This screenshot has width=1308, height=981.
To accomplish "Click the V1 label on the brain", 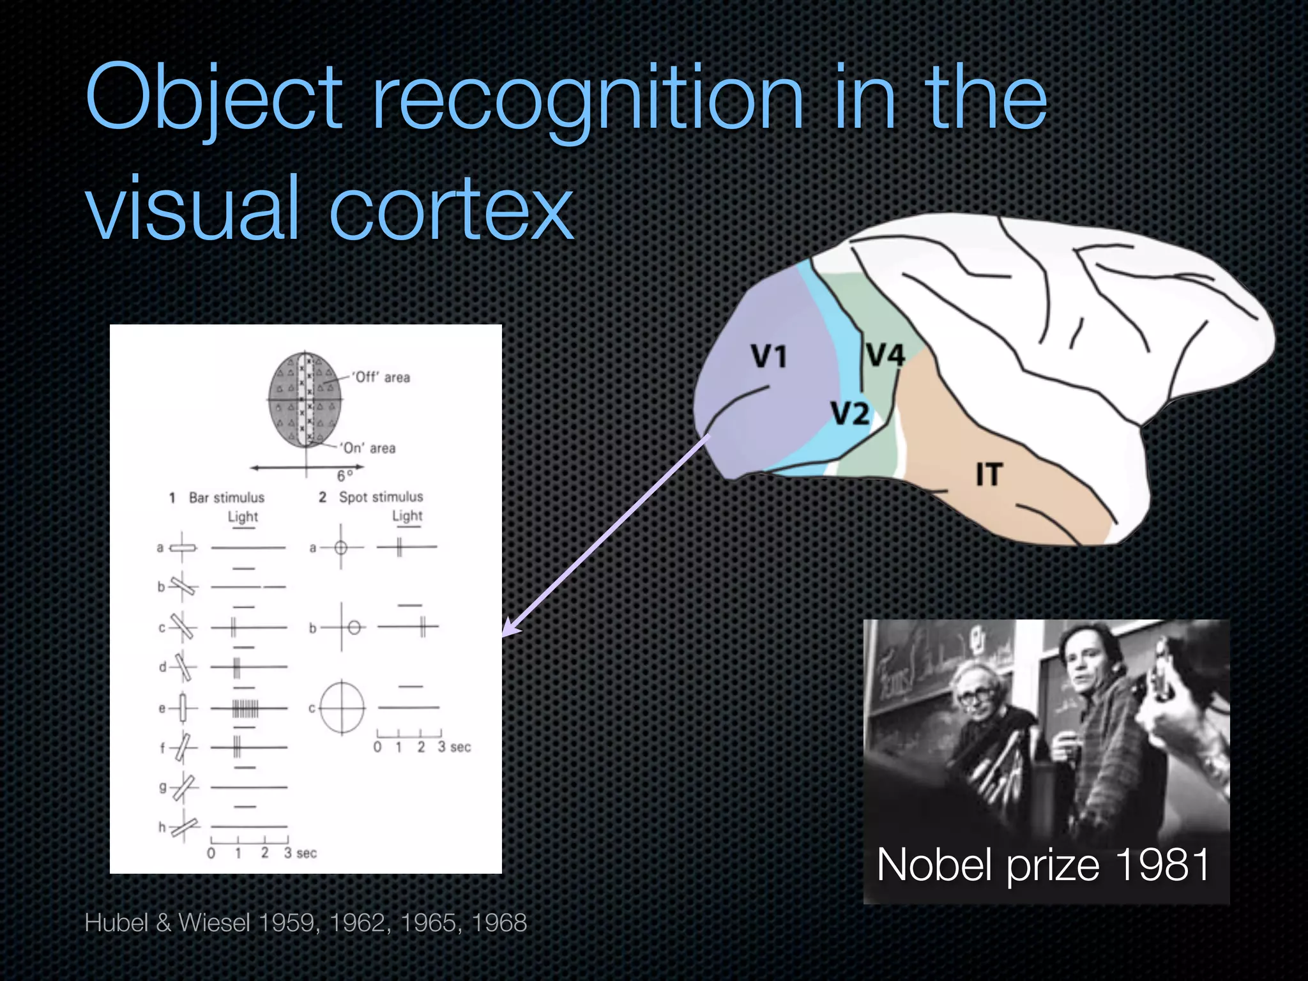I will click(768, 356).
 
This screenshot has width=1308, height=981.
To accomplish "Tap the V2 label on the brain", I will click(850, 413).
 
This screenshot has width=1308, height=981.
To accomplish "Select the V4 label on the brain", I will click(885, 354).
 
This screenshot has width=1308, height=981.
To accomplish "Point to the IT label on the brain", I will click(989, 475).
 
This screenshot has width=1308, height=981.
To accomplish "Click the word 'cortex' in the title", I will click(451, 208).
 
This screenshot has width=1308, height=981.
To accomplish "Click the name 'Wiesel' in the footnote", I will click(213, 923).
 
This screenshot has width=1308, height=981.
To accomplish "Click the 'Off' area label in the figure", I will click(381, 377).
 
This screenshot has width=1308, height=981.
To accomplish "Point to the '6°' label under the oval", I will click(344, 476).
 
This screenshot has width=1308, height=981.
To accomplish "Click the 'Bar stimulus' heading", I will click(226, 498).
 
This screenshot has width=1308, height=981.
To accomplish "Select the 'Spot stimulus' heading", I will click(381, 497).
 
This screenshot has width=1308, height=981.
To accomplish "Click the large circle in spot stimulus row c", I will click(342, 708).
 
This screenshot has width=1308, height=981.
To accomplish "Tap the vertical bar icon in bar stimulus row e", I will click(183, 708).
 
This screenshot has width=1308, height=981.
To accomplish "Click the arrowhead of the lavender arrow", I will click(510, 628).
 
